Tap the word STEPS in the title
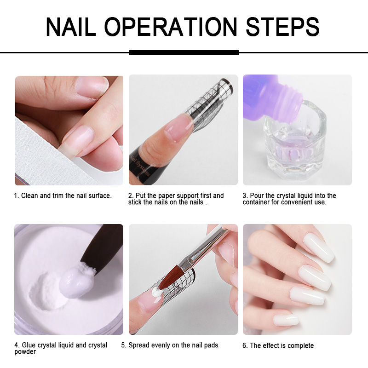[x=282, y=27]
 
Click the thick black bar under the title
[x=184, y=52]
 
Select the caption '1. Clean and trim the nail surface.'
[x=63, y=196]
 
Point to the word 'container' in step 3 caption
[x=260, y=202]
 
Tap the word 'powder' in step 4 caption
[x=25, y=352]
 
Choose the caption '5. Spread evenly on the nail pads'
[x=170, y=345]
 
